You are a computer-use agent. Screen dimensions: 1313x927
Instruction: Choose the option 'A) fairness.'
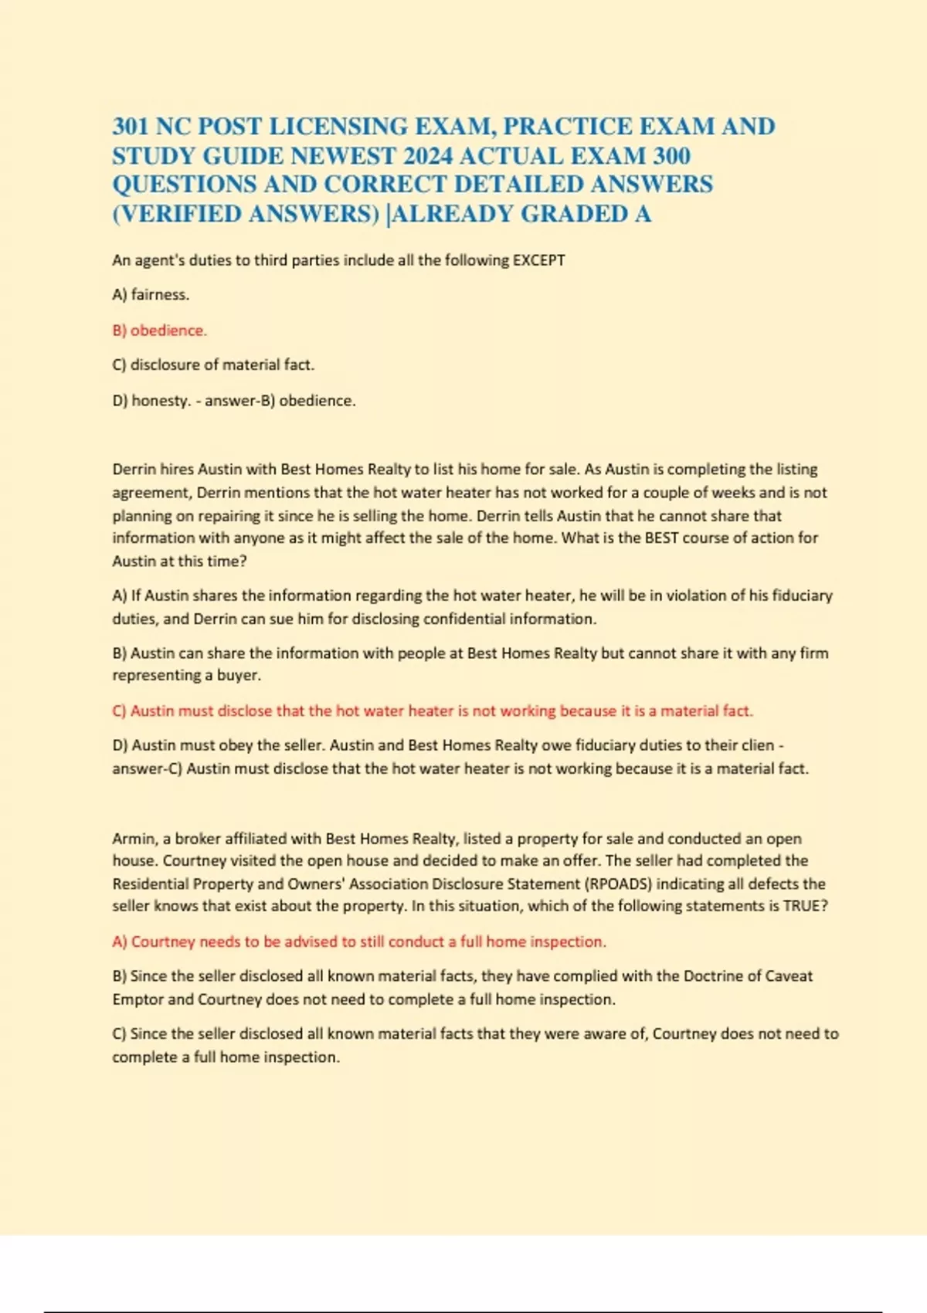coord(151,294)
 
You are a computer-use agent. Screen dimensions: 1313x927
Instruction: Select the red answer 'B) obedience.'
coord(159,331)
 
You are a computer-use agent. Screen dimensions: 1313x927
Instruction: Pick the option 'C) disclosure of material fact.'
coord(213,365)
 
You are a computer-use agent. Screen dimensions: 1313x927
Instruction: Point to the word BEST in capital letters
coord(662,538)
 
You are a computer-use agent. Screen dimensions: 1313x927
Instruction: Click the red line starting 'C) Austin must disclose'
coord(433,711)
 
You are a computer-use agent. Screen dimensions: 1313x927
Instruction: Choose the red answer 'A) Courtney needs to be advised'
coord(359,941)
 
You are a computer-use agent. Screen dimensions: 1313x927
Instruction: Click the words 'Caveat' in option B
coord(789,976)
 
